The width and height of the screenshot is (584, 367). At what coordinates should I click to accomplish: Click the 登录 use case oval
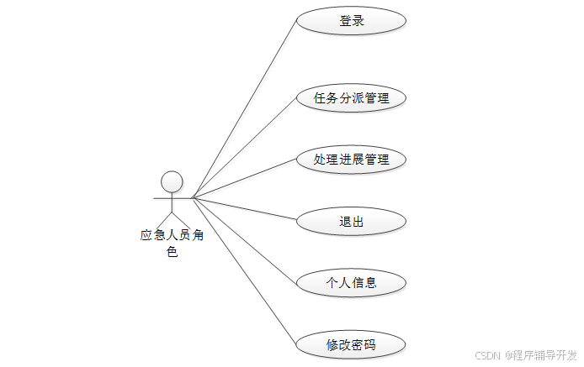[352, 21]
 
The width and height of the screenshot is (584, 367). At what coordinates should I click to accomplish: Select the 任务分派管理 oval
[352, 97]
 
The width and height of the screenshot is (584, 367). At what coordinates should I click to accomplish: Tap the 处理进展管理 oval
[352, 159]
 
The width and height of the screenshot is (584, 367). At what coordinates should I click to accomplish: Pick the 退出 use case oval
[352, 222]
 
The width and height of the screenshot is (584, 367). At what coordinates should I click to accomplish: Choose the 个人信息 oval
[352, 282]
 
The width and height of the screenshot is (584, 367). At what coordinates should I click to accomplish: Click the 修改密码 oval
[352, 344]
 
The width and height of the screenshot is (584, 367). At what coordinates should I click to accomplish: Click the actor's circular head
[172, 181]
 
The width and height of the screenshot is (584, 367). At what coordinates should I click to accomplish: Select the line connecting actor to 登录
[244, 108]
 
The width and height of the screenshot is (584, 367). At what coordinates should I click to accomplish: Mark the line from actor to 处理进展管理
[244, 179]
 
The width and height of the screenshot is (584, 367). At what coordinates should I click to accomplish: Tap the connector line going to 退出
[244, 209]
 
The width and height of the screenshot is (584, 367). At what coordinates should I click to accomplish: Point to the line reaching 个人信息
[244, 239]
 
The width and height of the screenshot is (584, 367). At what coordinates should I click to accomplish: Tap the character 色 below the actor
[172, 251]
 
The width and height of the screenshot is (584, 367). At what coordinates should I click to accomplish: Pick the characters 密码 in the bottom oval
[364, 344]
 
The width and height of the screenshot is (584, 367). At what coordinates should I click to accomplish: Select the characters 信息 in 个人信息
[364, 282]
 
